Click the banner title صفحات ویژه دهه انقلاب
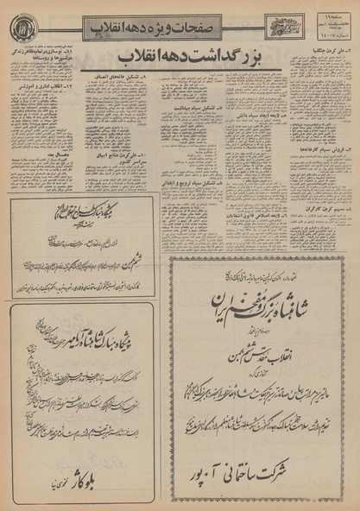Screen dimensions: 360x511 click(173, 28)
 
